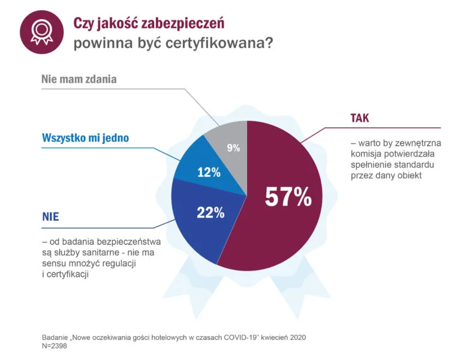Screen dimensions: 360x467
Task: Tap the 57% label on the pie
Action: [288, 197]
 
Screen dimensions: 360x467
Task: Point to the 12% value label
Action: [209, 173]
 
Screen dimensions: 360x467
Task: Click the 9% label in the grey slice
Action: [233, 148]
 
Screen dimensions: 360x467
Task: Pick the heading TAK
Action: [360, 118]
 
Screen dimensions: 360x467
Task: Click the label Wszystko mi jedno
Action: [85, 138]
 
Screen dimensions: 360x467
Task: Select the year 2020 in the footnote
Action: [297, 337]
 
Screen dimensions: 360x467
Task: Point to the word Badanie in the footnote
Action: [56, 337]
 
